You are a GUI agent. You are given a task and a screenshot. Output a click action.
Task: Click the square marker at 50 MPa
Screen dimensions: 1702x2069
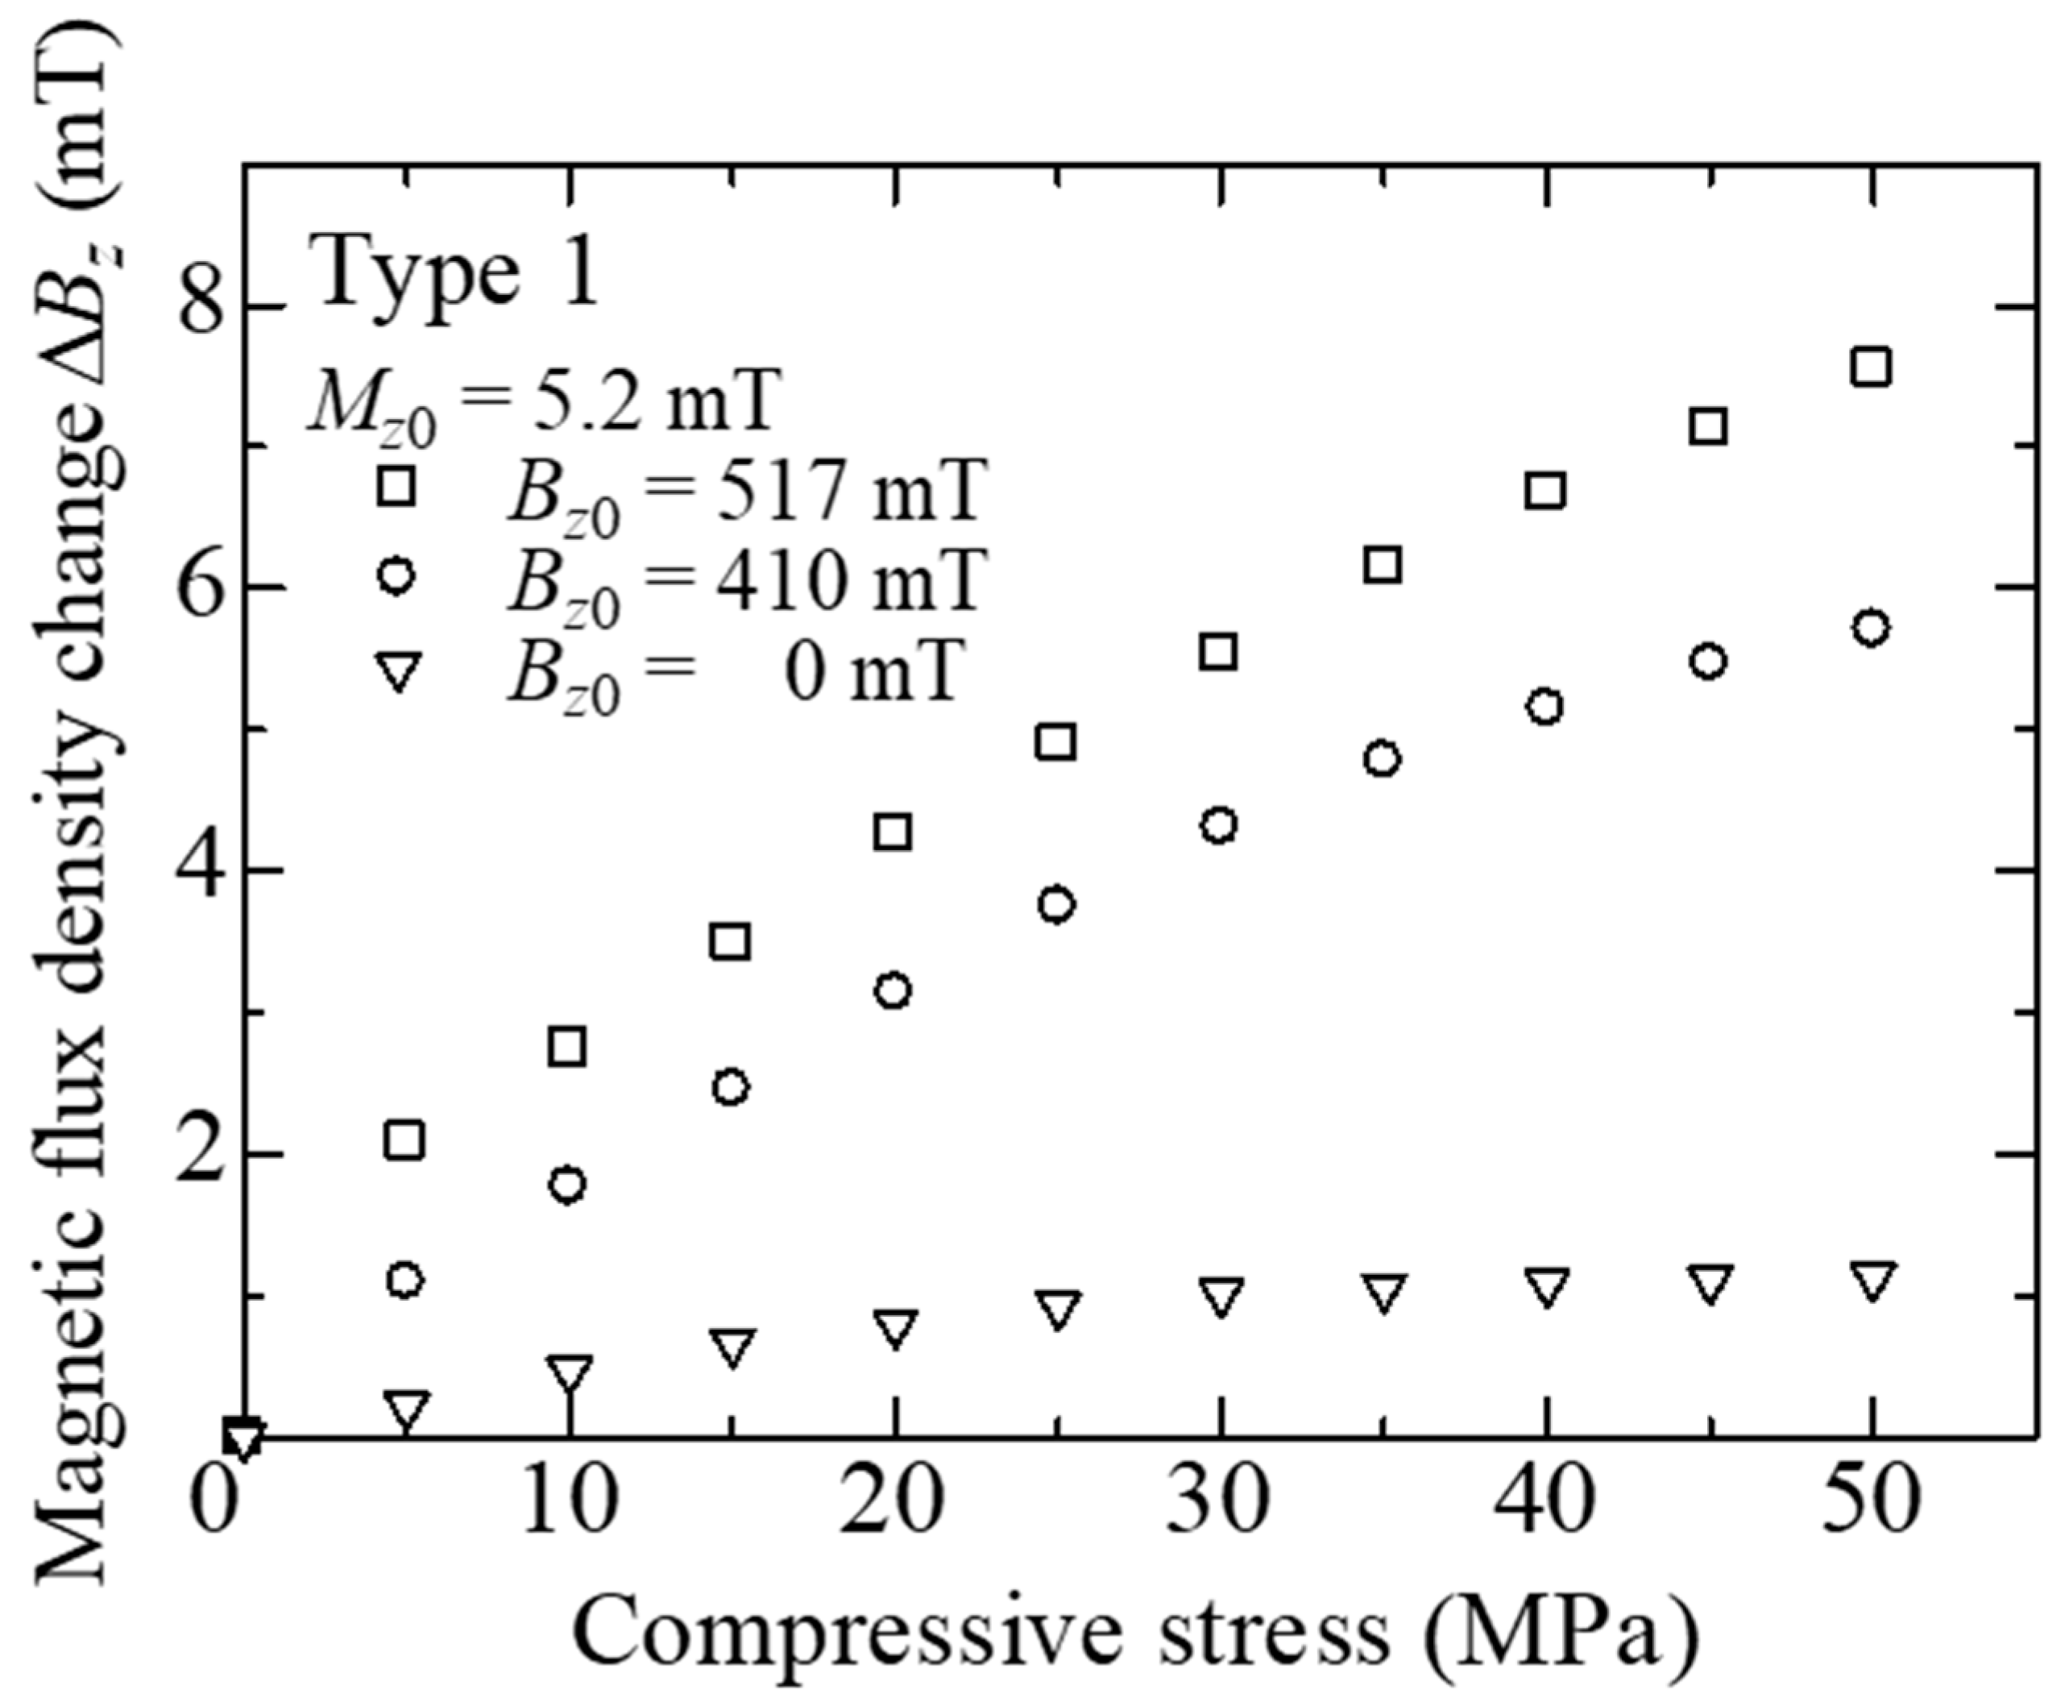point(1870,367)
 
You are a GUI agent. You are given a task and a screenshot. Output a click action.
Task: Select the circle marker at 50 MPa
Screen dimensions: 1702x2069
point(1871,628)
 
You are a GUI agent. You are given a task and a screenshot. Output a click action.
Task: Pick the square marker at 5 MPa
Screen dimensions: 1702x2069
point(404,1140)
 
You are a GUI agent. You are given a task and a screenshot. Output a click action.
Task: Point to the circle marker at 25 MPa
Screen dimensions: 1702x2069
point(1055,904)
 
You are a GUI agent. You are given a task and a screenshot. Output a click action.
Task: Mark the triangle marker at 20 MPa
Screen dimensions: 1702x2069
point(894,1328)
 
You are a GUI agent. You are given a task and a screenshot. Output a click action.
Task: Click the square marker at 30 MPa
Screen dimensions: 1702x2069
point(1218,651)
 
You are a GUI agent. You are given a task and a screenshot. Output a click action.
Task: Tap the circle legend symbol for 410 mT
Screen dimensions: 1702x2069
point(397,575)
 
